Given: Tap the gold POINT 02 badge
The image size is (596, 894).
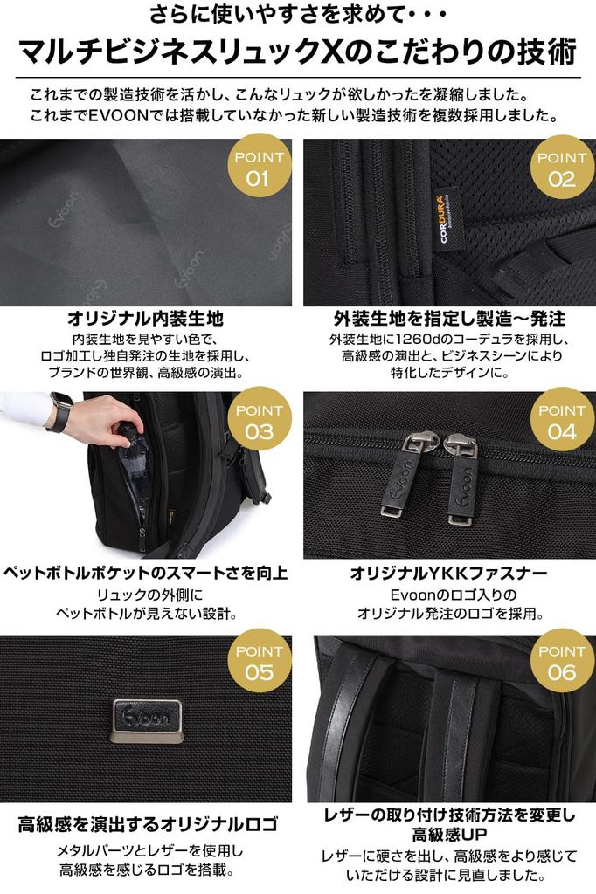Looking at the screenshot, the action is pos(562,167).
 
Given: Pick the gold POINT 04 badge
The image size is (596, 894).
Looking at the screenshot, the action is pos(562,419).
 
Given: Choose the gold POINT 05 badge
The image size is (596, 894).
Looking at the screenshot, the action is pos(260,660).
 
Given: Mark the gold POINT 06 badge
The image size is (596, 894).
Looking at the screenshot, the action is pos(562,660).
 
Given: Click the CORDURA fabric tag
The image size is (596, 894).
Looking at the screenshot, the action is pos(447,219).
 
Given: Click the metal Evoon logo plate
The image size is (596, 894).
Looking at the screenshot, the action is pos(148,720).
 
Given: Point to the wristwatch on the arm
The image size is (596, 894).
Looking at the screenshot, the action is pos(60,412).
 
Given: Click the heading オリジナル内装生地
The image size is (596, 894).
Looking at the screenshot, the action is pos(145,318).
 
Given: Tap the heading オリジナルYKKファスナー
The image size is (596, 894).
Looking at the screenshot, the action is pos(448,573).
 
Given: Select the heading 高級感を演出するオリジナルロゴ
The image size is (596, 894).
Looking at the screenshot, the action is pos(149,824).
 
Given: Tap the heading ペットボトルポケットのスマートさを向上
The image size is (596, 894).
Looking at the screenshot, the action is pos(145,573).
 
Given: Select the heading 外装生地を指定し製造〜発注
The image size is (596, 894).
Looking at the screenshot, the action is pos(450,318).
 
